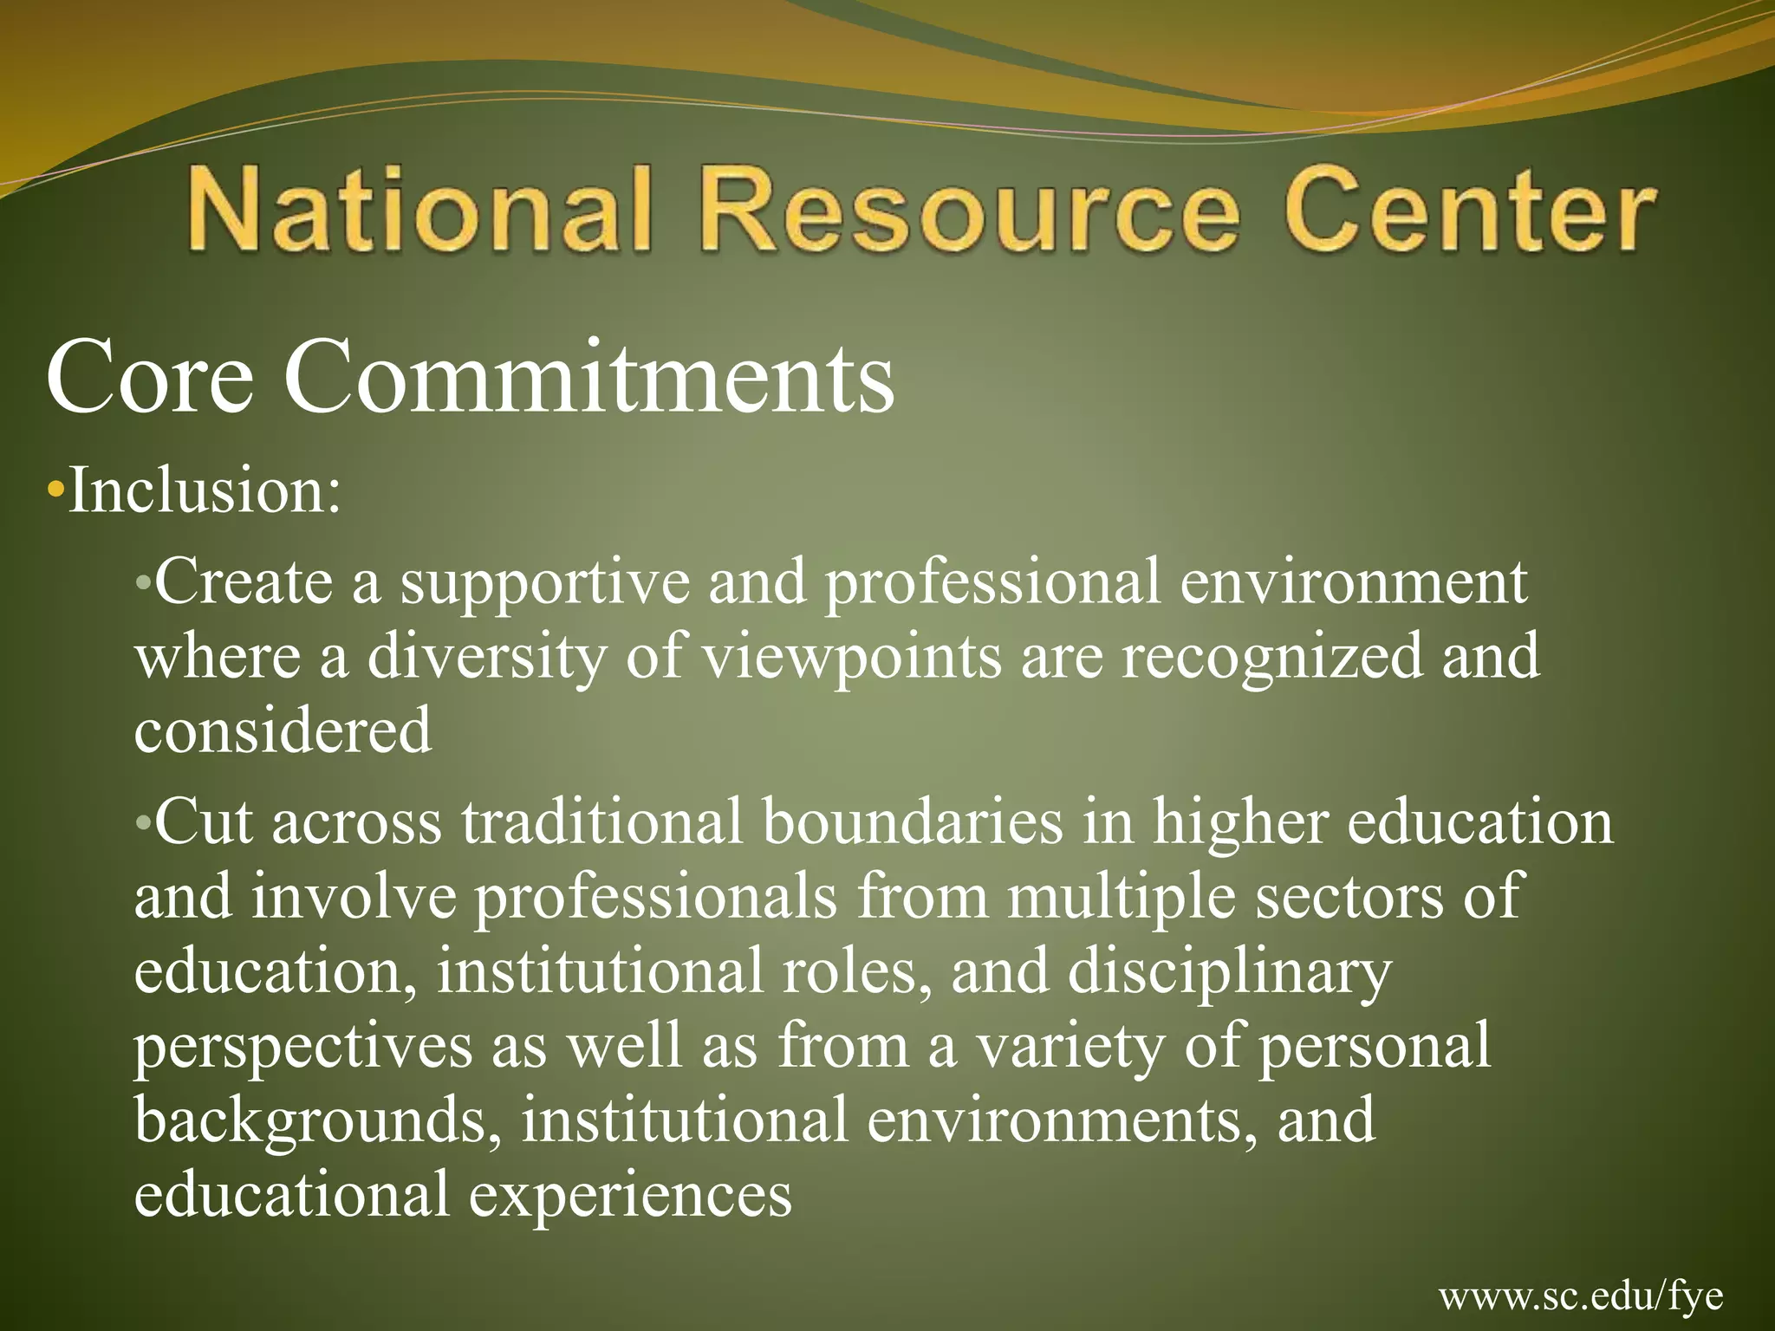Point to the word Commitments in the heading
point(589,378)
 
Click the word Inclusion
point(205,490)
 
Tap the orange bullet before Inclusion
point(56,491)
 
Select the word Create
point(244,581)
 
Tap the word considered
point(283,730)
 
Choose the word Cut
point(204,821)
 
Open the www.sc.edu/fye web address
point(1581,1296)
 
